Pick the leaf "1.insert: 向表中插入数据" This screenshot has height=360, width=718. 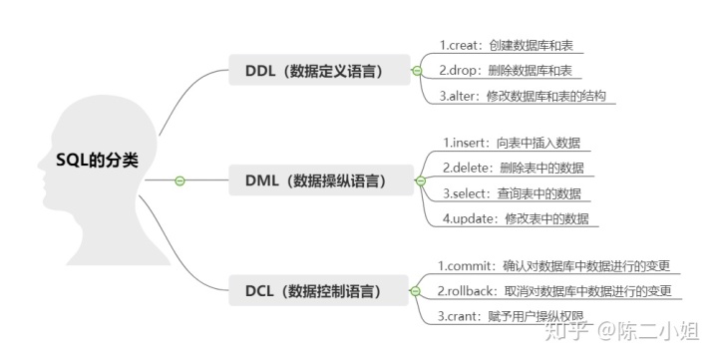click(x=512, y=142)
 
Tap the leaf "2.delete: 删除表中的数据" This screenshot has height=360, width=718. click(x=514, y=168)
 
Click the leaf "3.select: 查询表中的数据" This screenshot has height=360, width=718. click(x=512, y=193)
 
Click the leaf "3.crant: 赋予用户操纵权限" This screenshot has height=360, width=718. click(x=517, y=317)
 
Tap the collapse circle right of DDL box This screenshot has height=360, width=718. click(x=416, y=71)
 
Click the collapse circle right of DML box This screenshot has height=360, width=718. click(x=420, y=181)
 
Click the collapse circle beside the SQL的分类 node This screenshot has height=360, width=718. click(x=180, y=180)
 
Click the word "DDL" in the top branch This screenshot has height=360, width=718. click(x=262, y=71)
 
